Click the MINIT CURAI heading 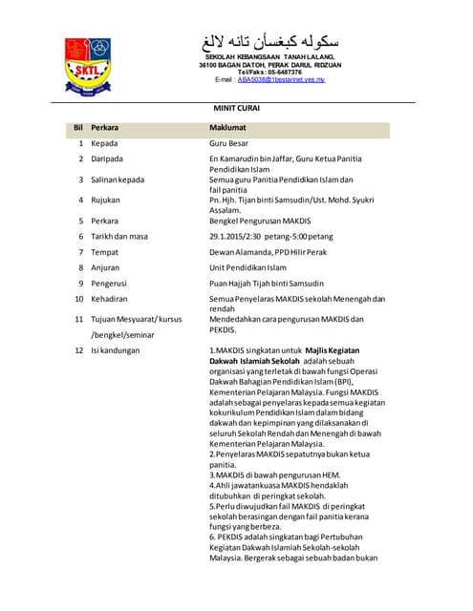pos(235,109)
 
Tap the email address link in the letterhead pos(281,80)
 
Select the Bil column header pos(78,127)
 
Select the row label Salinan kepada pos(118,179)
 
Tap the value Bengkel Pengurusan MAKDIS pos(253,221)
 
